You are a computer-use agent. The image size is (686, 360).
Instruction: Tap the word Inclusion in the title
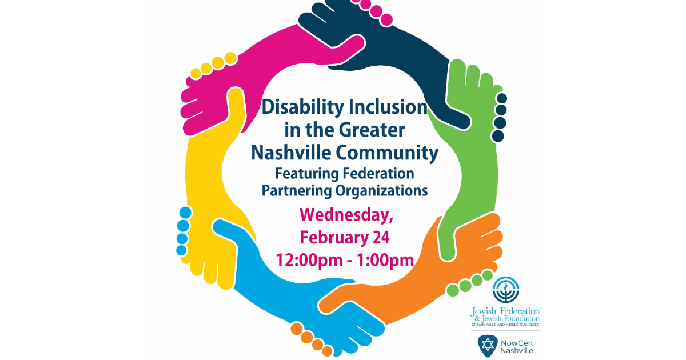pyautogui.click(x=388, y=107)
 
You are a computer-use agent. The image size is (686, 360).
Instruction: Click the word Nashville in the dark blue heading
pyautogui.click(x=291, y=153)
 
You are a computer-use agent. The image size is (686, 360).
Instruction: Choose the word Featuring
pyautogui.click(x=308, y=174)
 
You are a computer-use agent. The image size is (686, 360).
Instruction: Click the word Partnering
pyautogui.click(x=296, y=191)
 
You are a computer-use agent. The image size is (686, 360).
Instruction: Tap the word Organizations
pyautogui.click(x=381, y=191)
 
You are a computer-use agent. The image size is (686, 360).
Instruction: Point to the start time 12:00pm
pyautogui.click(x=309, y=261)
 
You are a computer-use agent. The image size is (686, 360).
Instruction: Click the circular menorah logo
pyautogui.click(x=505, y=290)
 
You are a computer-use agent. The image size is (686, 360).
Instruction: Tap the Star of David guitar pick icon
pyautogui.click(x=488, y=345)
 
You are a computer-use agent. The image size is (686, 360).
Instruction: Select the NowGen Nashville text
pyautogui.click(x=517, y=346)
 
